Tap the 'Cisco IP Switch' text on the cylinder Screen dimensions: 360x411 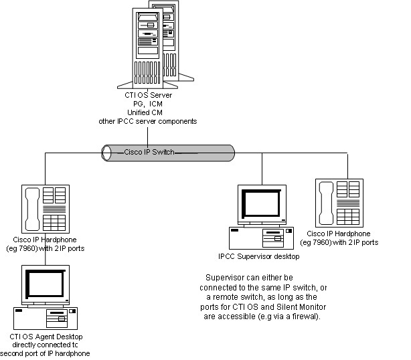pos(149,152)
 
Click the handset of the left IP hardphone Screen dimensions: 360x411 pos(31,208)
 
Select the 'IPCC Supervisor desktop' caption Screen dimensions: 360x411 pos(258,256)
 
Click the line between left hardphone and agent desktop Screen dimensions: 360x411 pos(45,259)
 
